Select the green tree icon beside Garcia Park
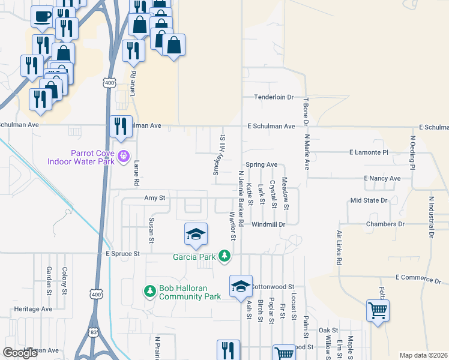[x=225, y=256]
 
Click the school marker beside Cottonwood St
[x=241, y=287]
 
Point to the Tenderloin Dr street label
[x=273, y=97]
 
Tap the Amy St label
[x=154, y=197]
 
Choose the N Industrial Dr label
[x=431, y=217]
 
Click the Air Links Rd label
[x=339, y=247]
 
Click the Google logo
[x=20, y=353]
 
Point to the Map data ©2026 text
[x=423, y=355]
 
